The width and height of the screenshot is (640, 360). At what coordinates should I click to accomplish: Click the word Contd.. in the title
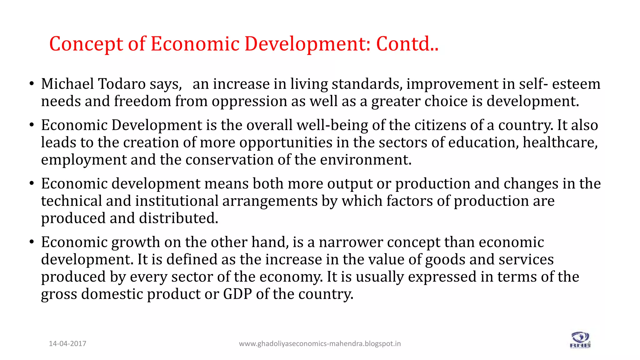[407, 44]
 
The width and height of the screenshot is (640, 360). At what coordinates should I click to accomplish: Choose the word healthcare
[560, 143]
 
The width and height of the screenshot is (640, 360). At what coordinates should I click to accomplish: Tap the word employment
[84, 160]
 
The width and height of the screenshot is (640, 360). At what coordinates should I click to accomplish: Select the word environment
[366, 160]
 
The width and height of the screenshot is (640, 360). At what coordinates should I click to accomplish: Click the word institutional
[177, 201]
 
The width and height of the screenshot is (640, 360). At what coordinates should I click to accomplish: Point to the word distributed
[178, 218]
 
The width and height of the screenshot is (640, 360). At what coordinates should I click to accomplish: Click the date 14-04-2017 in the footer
[67, 344]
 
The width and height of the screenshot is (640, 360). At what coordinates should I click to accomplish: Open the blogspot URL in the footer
[320, 344]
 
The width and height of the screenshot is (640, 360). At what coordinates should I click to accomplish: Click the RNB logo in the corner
[580, 340]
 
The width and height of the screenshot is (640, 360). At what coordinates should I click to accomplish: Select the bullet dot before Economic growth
[32, 242]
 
